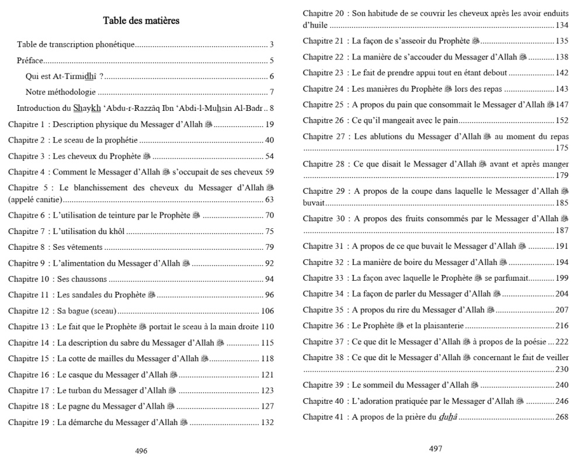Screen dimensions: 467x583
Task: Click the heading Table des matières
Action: coord(141,21)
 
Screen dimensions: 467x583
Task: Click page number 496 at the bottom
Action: coord(141,451)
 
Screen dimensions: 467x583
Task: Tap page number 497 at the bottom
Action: coord(435,448)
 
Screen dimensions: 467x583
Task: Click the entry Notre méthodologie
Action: coord(61,92)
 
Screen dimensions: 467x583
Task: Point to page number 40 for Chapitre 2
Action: coord(269,140)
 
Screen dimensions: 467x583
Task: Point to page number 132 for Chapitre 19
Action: coord(268,422)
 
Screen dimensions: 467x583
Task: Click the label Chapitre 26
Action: coord(323,120)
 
